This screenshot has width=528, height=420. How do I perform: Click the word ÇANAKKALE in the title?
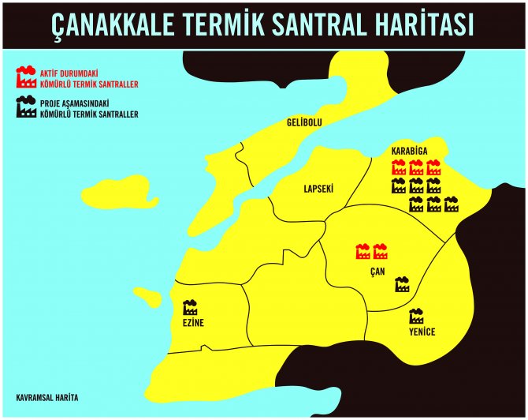pyautogui.click(x=129, y=24)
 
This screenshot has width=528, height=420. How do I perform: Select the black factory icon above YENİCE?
pyautogui.click(x=416, y=317)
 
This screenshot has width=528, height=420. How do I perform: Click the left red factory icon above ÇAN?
pyautogui.click(x=363, y=251)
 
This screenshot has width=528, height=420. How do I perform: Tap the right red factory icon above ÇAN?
pyautogui.click(x=381, y=251)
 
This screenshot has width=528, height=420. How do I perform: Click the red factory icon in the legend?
pyautogui.click(x=25, y=77)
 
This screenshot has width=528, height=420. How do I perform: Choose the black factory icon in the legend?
pyautogui.click(x=25, y=108)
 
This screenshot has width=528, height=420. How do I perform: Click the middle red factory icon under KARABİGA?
pyautogui.click(x=416, y=167)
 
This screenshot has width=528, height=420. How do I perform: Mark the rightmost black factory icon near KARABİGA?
pyautogui.click(x=452, y=204)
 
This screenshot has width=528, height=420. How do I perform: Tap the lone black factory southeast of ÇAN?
pyautogui.click(x=402, y=284)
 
